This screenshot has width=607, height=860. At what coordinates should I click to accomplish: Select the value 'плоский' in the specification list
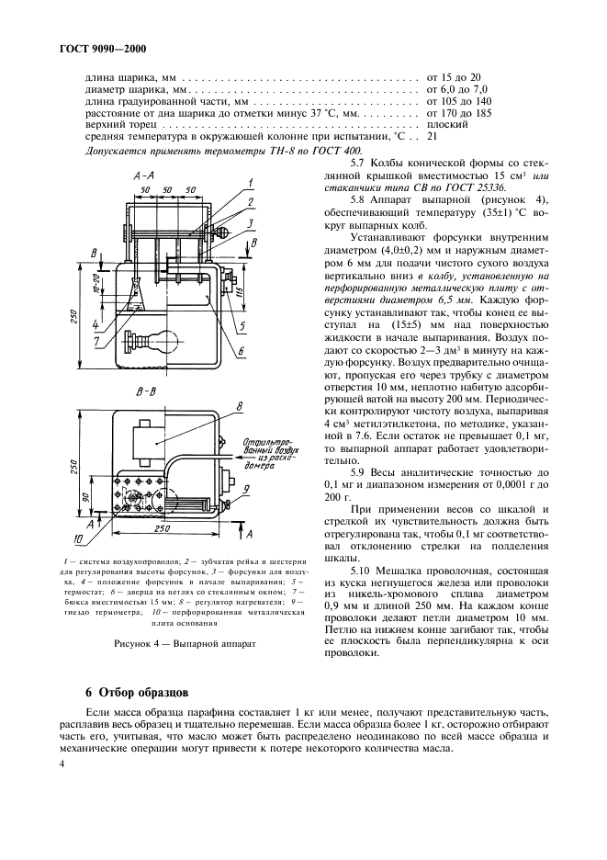447,123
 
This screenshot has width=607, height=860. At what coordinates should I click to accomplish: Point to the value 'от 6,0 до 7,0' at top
456,90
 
